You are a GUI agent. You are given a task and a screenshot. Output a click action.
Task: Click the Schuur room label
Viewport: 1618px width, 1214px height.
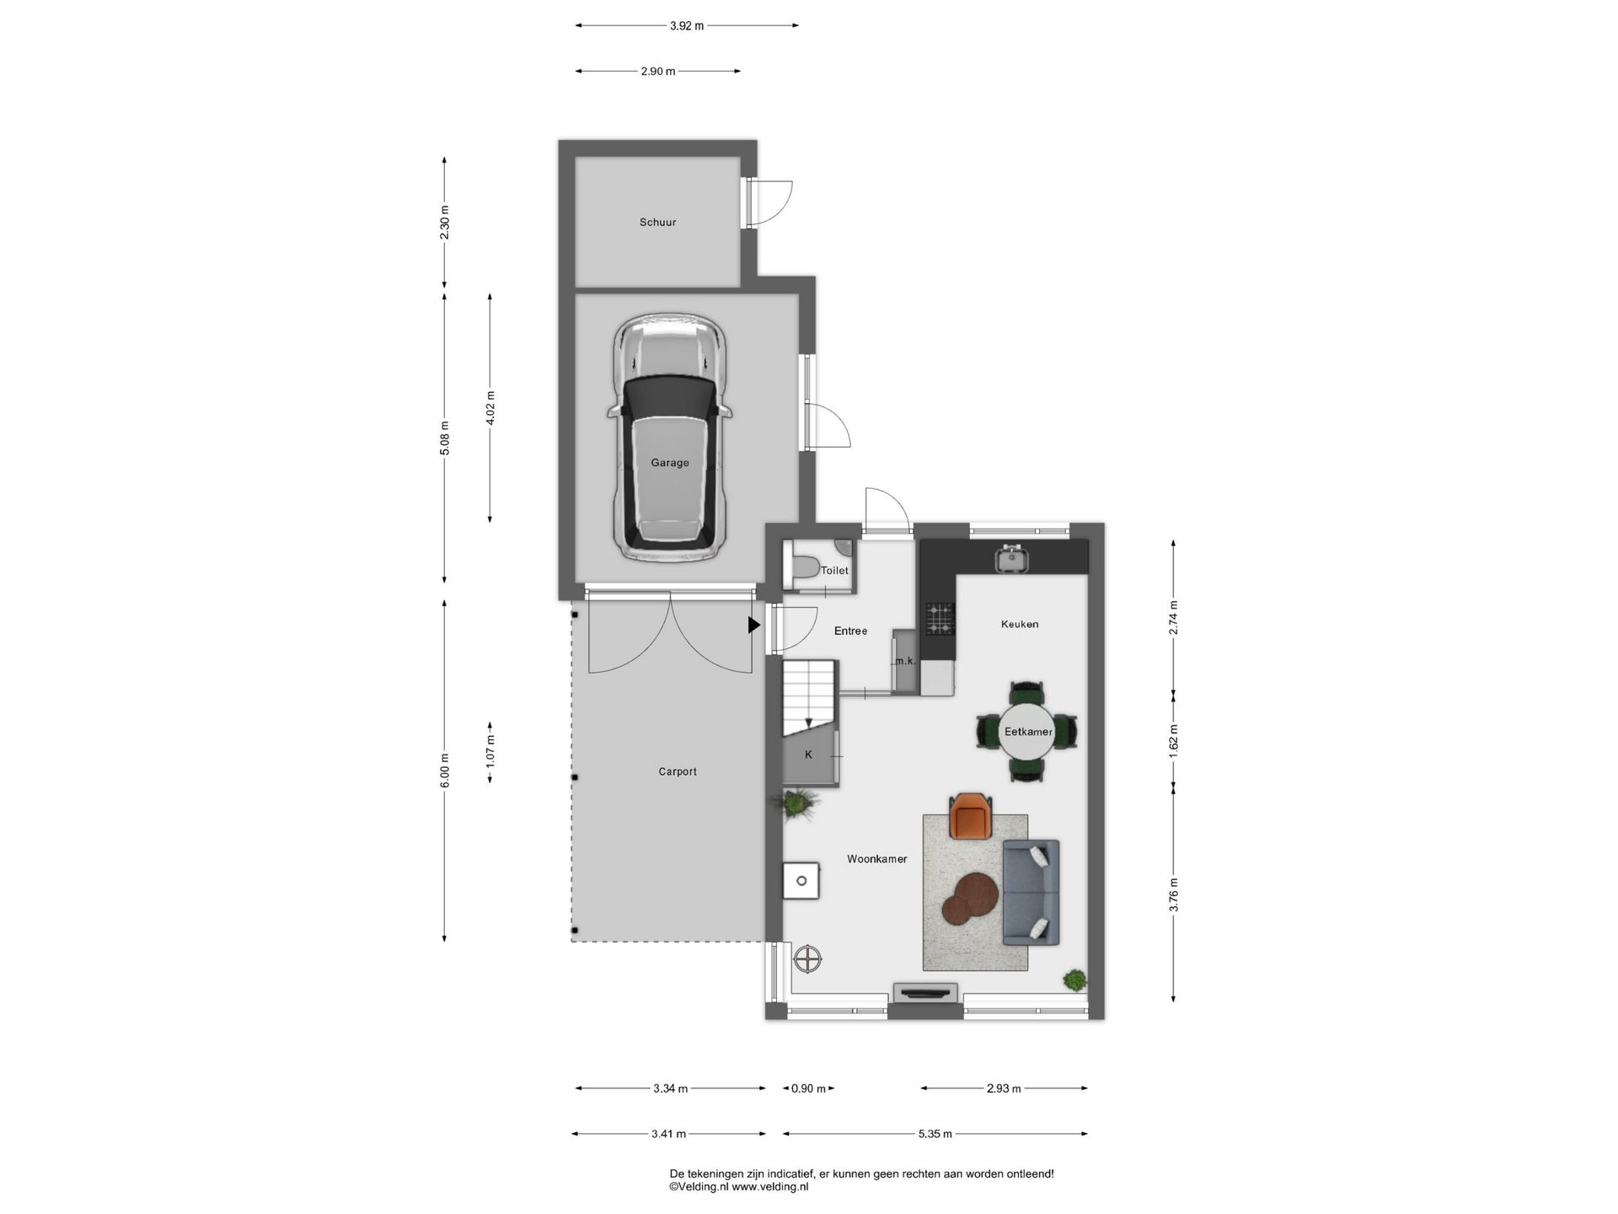[657, 223]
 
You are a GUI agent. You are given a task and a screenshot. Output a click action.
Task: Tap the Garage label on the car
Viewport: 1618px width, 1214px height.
[670, 463]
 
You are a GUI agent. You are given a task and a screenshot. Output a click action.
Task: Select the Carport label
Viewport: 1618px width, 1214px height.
[678, 771]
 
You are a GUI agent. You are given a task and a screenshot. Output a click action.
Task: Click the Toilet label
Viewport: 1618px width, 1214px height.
[834, 571]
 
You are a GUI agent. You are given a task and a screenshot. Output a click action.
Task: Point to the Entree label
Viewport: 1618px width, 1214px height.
[850, 631]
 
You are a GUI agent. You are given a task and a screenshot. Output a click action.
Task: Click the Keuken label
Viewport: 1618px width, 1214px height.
[1020, 625]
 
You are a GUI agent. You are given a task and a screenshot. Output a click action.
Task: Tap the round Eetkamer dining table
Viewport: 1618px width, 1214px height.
[1028, 732]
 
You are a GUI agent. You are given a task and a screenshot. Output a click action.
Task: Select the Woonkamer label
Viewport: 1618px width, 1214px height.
[877, 859]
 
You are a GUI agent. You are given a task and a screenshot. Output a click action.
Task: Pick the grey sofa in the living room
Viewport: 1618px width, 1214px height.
[1031, 892]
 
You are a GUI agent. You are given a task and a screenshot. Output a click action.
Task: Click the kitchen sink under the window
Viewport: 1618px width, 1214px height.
[1009, 557]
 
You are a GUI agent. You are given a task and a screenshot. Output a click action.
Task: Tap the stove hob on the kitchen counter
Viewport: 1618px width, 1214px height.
[940, 618]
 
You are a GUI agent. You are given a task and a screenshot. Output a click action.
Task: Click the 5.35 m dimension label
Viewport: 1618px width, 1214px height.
[935, 1134]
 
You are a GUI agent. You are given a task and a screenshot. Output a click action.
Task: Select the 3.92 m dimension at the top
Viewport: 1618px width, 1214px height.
[687, 25]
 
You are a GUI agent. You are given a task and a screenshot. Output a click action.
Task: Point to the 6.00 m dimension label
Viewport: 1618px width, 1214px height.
[445, 771]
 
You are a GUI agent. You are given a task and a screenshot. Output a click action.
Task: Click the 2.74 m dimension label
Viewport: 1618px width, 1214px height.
[1174, 617]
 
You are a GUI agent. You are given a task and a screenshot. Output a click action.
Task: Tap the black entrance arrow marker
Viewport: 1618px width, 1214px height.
[754, 625]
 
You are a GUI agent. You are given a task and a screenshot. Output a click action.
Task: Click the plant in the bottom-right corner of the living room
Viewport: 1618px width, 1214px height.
[1074, 980]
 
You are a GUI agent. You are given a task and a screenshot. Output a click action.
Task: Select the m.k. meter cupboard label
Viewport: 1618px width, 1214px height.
[906, 661]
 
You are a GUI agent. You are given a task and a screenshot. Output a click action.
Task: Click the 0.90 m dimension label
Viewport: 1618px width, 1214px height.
[809, 1088]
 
